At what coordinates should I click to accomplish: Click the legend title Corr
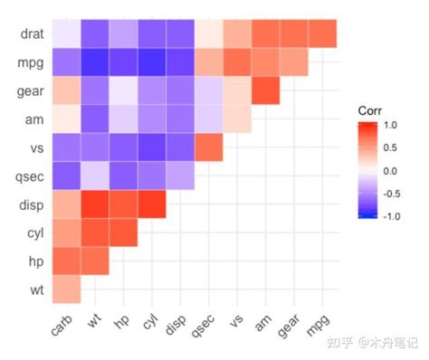370,110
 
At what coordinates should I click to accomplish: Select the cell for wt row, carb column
65,290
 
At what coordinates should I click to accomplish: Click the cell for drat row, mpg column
322,34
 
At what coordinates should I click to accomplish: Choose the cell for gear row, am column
265,91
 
